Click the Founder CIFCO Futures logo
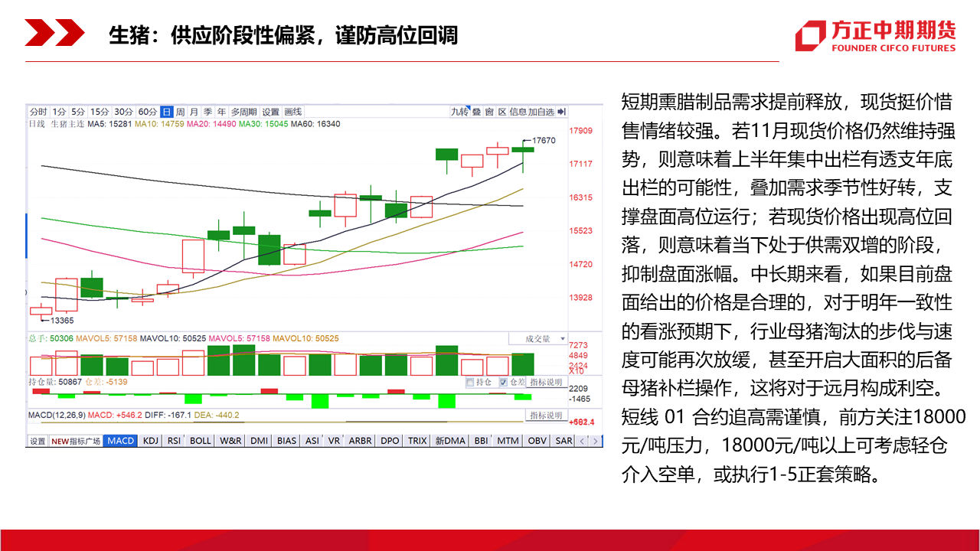(875, 35)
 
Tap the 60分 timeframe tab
(148, 112)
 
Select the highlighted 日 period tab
(166, 112)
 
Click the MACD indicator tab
(121, 441)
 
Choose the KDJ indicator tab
(151, 441)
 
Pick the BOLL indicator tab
(201, 441)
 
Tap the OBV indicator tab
(537, 441)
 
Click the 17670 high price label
(544, 140)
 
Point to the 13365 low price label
(62, 321)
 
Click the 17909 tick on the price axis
(580, 131)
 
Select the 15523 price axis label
(580, 231)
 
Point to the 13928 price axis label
(580, 298)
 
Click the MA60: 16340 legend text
(315, 124)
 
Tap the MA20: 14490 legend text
(211, 124)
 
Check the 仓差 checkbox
(503, 382)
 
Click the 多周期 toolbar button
(243, 112)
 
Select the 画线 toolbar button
(293, 112)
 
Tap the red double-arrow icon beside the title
(54, 32)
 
